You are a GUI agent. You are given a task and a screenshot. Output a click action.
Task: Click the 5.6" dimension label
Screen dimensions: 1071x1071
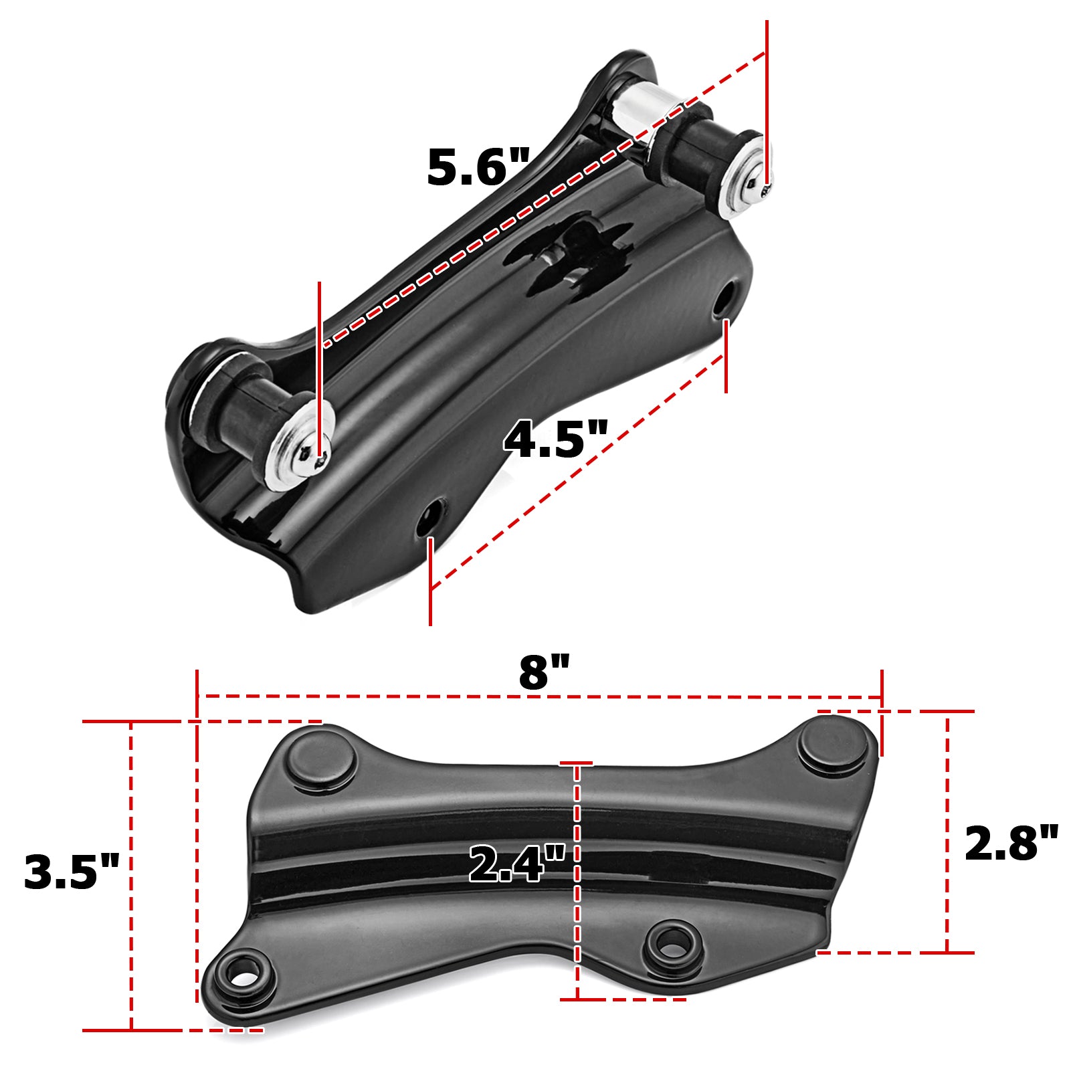pos(478,167)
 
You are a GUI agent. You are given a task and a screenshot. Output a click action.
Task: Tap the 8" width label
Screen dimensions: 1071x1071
pos(544,672)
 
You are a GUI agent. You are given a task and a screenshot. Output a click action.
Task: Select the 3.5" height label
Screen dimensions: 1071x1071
pos(71,872)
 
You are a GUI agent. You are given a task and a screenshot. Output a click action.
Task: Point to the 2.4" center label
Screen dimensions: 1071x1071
pos(516,864)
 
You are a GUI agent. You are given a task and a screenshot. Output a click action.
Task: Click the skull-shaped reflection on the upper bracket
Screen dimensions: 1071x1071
pos(575,254)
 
